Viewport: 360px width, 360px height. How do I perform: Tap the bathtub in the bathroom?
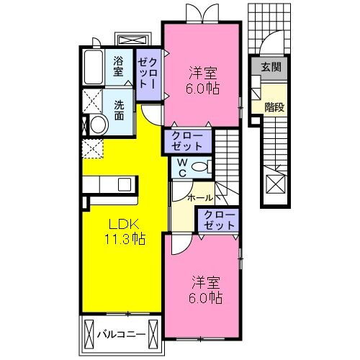[94, 67]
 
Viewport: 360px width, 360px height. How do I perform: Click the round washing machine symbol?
[98, 125]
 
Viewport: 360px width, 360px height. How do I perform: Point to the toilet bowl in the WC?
[199, 167]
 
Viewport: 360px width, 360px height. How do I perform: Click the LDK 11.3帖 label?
[125, 232]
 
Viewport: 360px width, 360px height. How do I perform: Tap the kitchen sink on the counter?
[125, 184]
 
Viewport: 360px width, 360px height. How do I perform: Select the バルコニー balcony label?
[121, 334]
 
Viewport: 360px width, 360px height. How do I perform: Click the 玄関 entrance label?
[271, 67]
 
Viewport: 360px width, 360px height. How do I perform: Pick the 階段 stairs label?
[274, 107]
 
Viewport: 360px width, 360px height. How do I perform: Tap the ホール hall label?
[200, 198]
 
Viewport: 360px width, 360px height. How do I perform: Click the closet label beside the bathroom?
[148, 73]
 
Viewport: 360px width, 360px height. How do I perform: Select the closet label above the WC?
[187, 141]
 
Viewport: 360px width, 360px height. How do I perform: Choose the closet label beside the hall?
[220, 220]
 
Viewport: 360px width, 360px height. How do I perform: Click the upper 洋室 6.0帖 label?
[202, 81]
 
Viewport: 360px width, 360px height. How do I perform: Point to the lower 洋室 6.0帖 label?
[205, 290]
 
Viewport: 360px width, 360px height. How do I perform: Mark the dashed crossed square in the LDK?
[93, 148]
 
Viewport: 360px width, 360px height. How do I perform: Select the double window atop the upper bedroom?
[203, 14]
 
